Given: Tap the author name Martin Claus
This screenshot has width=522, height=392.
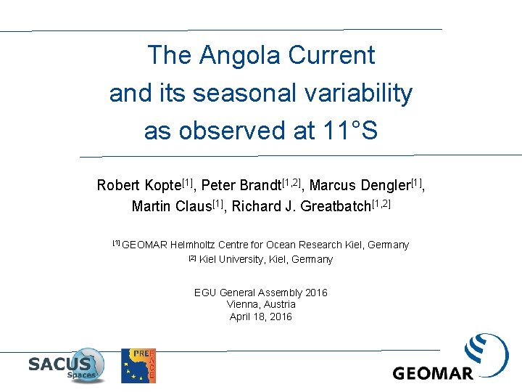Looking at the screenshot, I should (x=172, y=207).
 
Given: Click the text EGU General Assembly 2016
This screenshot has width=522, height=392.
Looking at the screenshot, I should (x=260, y=293).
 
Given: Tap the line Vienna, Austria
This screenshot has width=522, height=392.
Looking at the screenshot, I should (x=260, y=304).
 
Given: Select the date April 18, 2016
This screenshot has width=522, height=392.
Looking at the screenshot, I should (x=260, y=317).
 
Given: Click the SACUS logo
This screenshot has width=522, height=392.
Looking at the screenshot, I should (x=66, y=365).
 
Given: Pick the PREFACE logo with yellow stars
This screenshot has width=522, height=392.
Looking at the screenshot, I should (x=138, y=365).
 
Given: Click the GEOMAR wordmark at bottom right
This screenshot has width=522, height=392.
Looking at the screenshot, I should (x=433, y=373).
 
